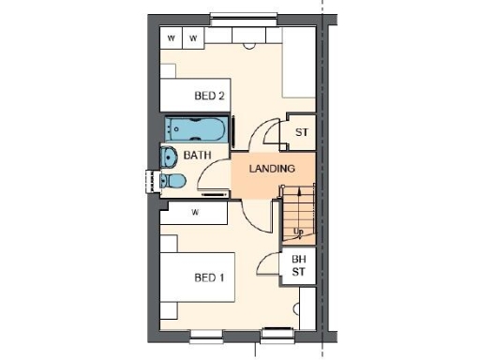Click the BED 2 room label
pyautogui.click(x=209, y=96)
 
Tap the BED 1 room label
pyautogui.click(x=209, y=277)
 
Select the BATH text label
pyautogui.click(x=197, y=155)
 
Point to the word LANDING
pyautogui.click(x=272, y=169)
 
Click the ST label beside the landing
pyautogui.click(x=301, y=132)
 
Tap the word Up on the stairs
pyautogui.click(x=298, y=231)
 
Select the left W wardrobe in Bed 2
pyautogui.click(x=172, y=37)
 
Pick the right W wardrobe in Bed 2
pyautogui.click(x=194, y=37)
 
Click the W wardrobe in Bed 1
pyautogui.click(x=194, y=213)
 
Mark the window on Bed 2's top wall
pyautogui.click(x=242, y=16)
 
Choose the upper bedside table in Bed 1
pyautogui.click(x=171, y=242)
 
